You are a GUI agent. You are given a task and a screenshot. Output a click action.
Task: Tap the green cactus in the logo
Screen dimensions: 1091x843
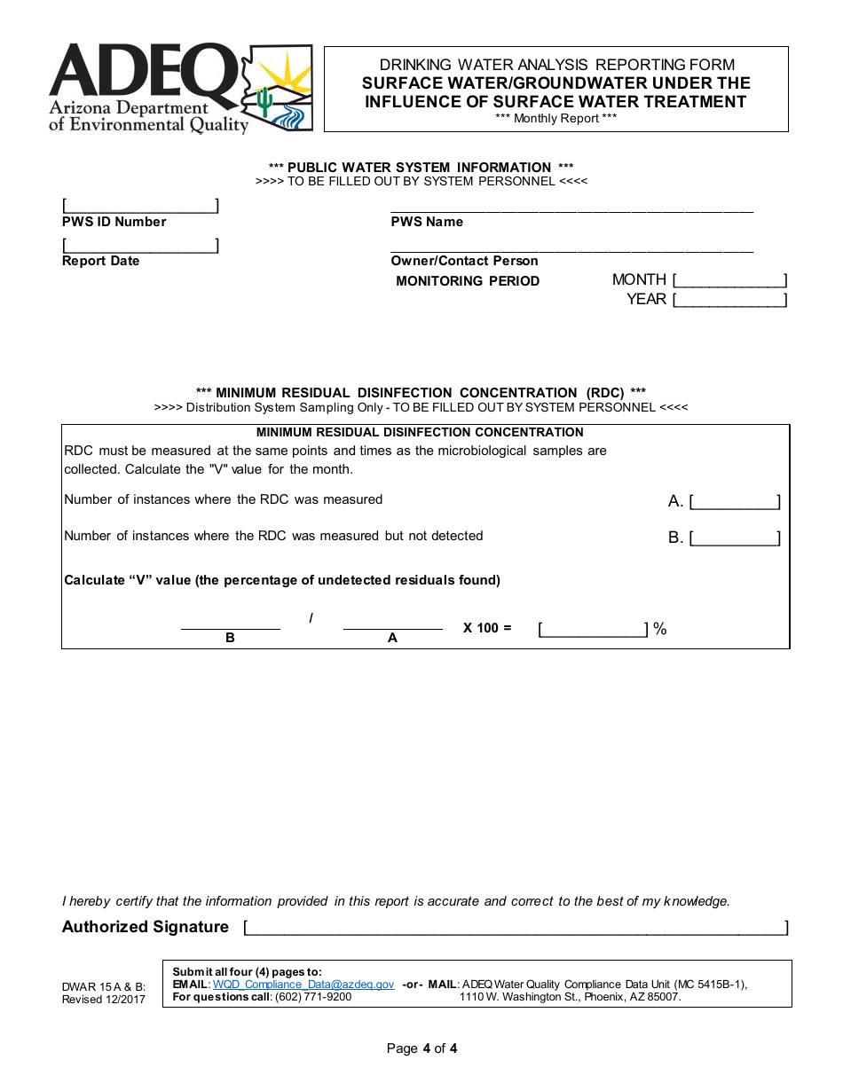264,101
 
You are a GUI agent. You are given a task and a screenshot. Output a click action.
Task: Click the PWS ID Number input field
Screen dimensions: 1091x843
140,206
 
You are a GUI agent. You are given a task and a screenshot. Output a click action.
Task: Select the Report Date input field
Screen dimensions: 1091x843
140,245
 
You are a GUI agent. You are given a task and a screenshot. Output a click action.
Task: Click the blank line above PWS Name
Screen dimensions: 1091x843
571,209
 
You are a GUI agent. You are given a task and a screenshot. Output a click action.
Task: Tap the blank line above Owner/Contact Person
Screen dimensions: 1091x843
571,249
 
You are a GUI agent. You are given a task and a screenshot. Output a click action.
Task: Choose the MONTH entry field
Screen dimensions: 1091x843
729,281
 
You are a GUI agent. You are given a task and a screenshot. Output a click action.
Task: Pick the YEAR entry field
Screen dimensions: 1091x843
729,301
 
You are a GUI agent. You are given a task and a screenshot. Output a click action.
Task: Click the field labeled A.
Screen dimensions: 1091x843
735,502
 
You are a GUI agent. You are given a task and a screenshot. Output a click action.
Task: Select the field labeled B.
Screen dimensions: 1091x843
735,538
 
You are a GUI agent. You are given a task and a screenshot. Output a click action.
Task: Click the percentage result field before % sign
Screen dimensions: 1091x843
594,630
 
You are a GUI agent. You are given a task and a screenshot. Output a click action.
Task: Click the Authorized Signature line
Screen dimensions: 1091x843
515,928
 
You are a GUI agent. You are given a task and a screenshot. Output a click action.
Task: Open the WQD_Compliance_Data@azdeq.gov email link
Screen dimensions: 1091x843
303,985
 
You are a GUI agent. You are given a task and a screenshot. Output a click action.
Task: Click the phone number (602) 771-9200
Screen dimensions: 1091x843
313,997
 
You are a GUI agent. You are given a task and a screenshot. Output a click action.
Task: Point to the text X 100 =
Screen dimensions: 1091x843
487,628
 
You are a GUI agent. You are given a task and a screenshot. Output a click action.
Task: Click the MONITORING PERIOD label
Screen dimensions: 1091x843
468,281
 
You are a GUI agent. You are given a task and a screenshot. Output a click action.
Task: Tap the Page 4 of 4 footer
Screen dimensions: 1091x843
421,1048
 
